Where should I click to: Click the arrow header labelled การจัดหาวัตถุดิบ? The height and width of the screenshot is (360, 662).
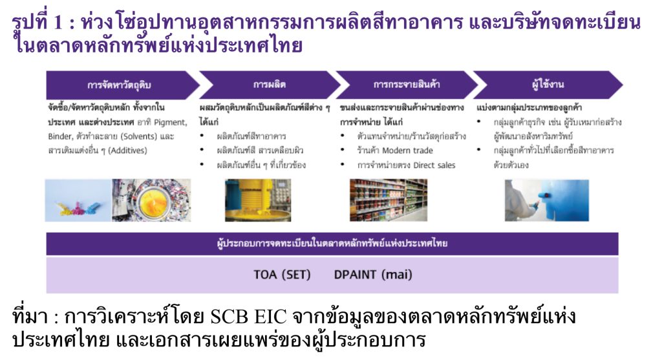[x=120, y=85]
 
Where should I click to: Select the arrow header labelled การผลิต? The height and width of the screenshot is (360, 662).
[x=270, y=85]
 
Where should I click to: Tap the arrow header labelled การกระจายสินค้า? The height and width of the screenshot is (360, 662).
[x=407, y=85]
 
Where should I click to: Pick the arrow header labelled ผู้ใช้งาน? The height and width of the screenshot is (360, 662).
[x=548, y=85]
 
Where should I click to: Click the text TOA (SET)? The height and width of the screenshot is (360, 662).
[x=282, y=275]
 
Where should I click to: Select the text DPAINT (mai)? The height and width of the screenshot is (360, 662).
[x=373, y=275]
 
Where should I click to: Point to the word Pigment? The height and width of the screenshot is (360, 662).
[x=171, y=122]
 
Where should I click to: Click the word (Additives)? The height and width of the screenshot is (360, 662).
[x=128, y=150]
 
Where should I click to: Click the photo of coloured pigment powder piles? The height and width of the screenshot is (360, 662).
[x=78, y=200]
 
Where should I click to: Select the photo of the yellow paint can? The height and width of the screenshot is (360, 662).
[x=151, y=200]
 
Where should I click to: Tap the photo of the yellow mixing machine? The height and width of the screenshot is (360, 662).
[x=258, y=200]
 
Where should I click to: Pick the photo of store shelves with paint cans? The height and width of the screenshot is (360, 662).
[x=389, y=200]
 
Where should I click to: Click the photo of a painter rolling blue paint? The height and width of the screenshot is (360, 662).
[x=547, y=200]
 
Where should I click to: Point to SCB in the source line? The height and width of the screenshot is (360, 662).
[x=230, y=317]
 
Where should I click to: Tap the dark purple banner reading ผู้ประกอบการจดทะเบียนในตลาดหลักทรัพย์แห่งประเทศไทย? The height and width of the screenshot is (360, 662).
[x=332, y=244]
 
